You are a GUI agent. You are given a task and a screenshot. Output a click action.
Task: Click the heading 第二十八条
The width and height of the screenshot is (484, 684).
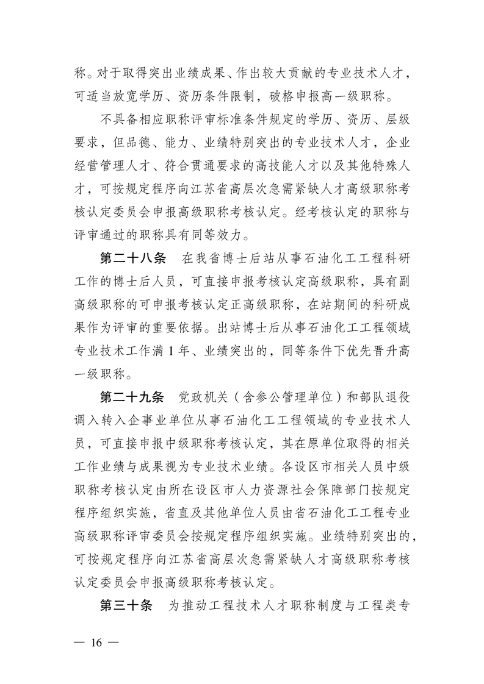point(132,258)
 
